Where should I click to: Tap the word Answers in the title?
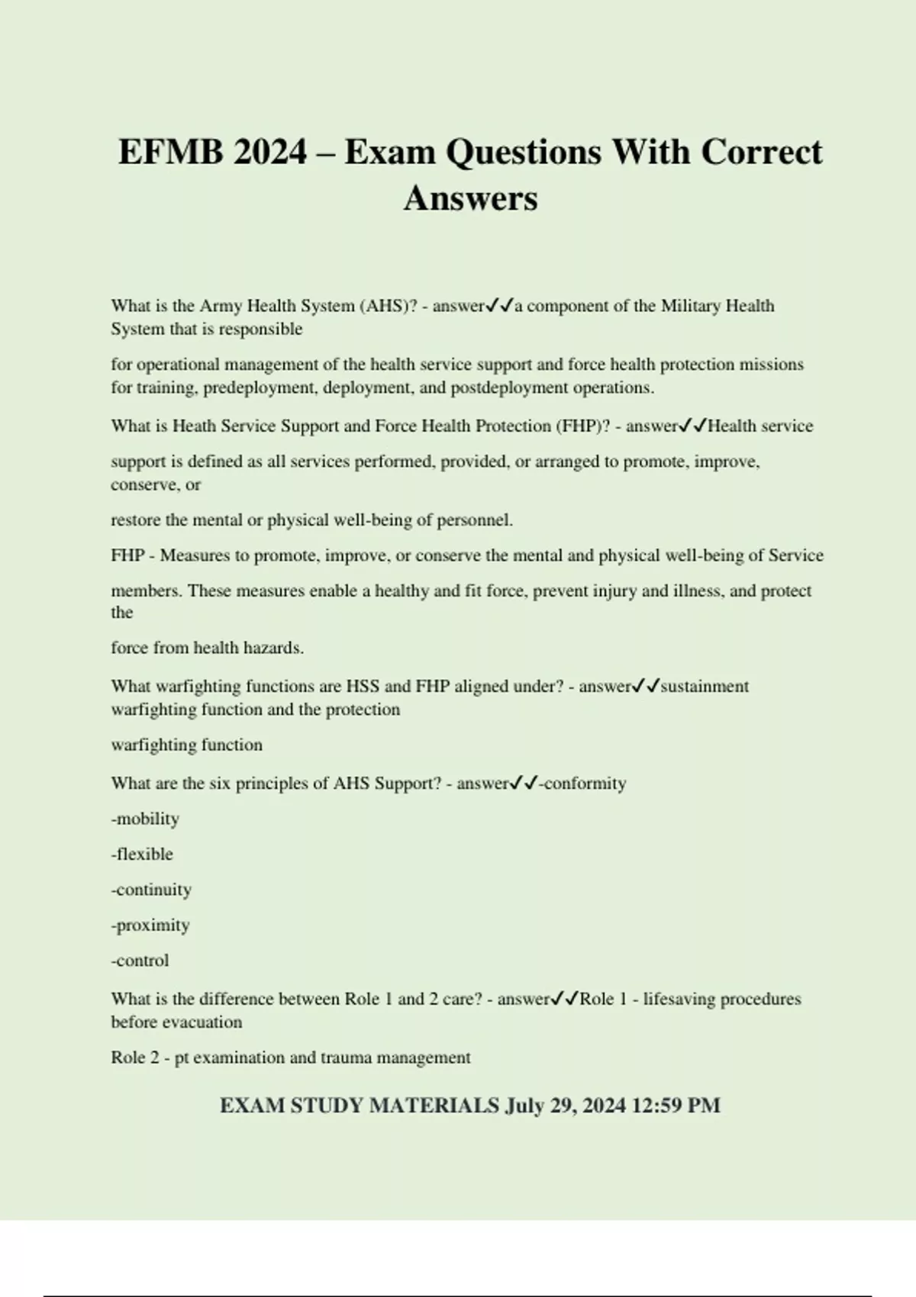470,198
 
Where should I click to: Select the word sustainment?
704,686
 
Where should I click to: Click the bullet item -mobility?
145,819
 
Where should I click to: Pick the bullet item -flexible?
142,854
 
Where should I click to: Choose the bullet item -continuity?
151,890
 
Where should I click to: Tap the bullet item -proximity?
150,925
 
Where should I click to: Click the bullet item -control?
140,961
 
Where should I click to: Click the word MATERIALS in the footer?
434,1106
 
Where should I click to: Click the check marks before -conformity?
524,783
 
